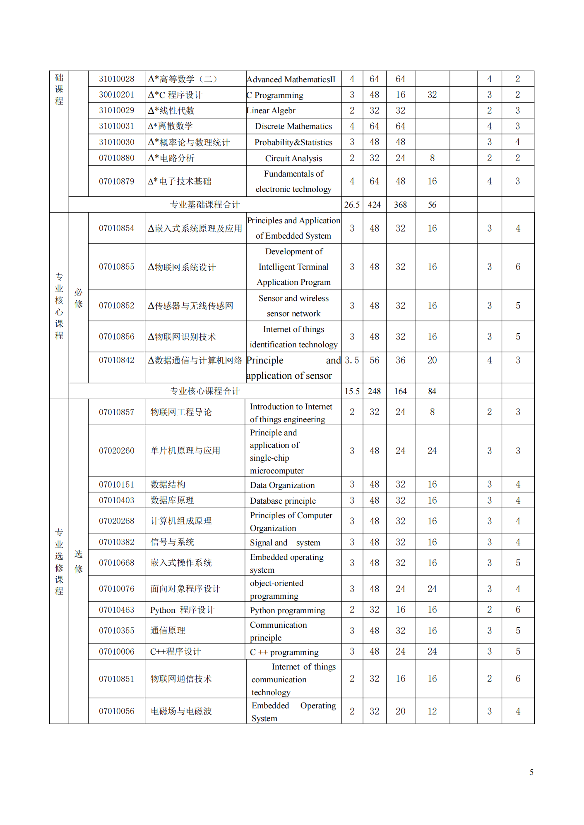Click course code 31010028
pos(116,79)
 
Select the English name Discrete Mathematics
pos(293,126)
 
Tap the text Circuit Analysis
pos(293,158)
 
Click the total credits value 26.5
pos(352,205)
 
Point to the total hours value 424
pos(374,205)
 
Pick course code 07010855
pos(116,267)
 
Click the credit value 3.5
pos(352,360)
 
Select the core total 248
pos(374,391)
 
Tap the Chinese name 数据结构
pos(168,484)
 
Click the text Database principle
pos(283,501)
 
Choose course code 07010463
pos(116,610)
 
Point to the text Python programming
pos(287,610)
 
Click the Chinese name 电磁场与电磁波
pos(181,711)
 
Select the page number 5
pos(531,772)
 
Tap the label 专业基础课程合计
pos(205,205)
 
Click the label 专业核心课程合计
pos(205,391)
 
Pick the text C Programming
pos(275,95)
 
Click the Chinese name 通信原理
pos(168,631)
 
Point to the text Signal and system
pos(285,543)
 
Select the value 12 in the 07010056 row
pos(432,711)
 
